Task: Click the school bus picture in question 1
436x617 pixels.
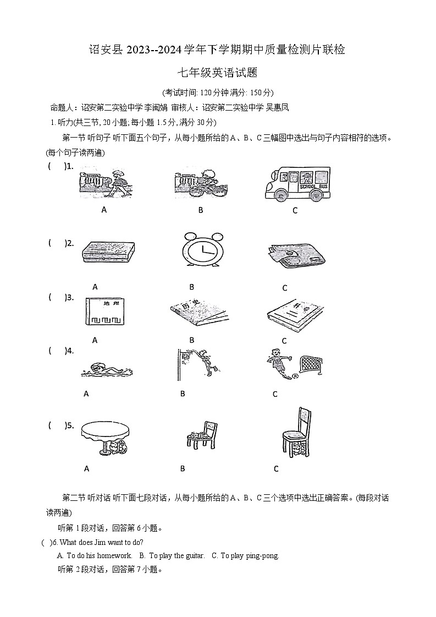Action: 297,184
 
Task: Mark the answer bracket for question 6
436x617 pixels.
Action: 46,542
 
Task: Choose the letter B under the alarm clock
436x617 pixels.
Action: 192,287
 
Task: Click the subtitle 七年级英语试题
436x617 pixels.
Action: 217,72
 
